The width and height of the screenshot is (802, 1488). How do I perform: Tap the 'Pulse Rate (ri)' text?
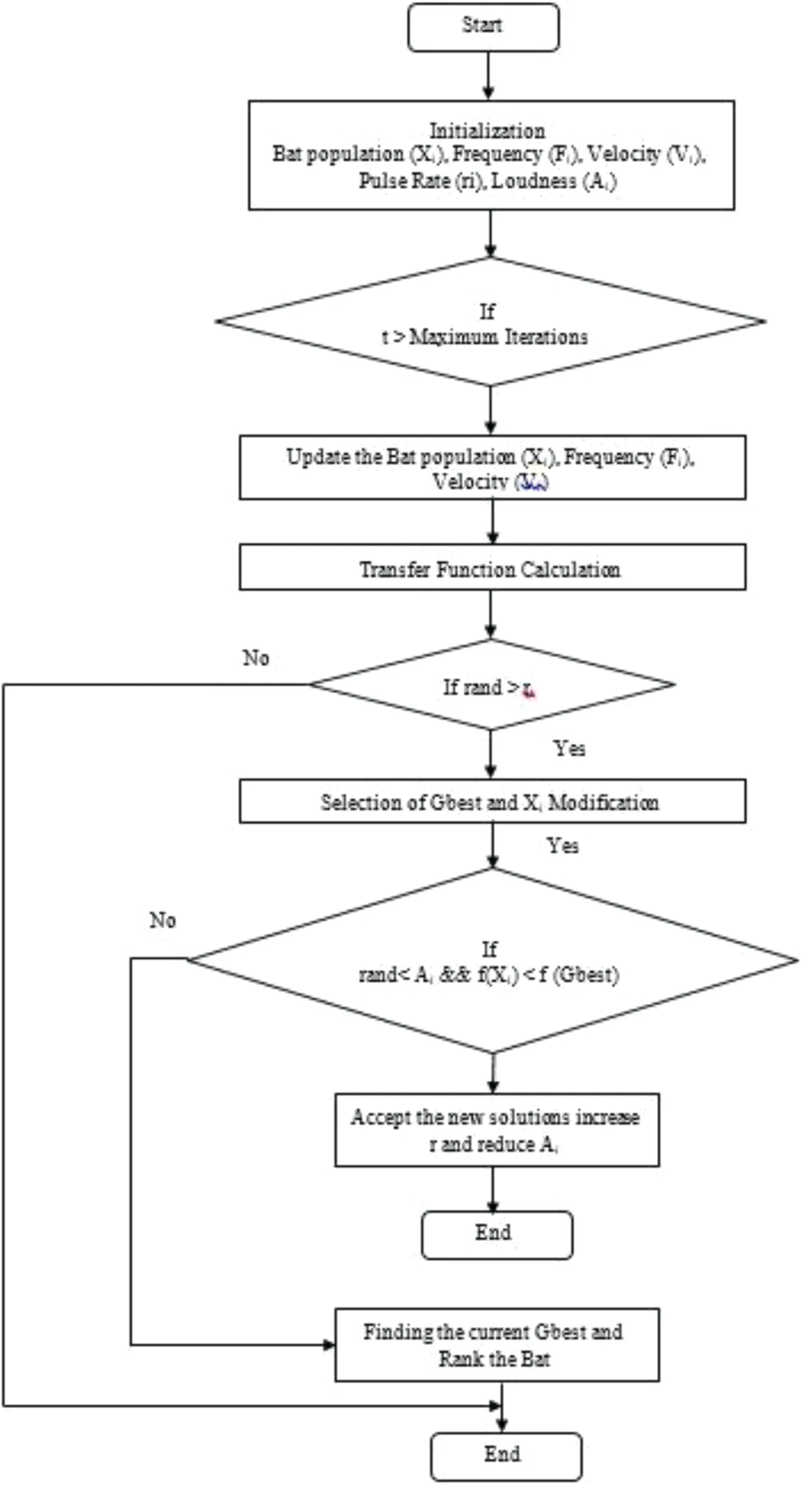point(420,181)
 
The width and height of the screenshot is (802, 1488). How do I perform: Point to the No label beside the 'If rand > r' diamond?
point(256,658)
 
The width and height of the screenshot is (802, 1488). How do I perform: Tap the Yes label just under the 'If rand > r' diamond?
point(569,749)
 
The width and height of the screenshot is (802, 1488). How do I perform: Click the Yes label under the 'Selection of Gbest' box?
point(562,846)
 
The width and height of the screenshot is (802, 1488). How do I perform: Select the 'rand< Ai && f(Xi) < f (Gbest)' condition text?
point(488,975)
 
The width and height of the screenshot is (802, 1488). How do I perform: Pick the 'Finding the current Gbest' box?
point(496,1345)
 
